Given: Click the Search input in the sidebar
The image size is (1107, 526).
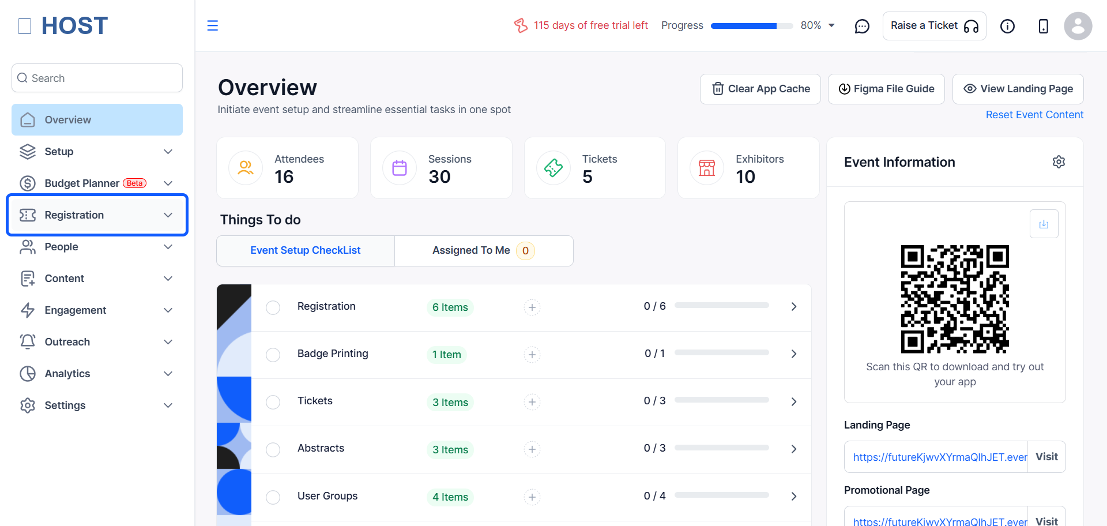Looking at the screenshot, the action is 97,78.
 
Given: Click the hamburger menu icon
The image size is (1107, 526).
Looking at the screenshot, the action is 213,25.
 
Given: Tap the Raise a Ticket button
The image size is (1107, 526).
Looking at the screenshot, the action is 934,26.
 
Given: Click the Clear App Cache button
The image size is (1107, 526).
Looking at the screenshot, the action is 760,89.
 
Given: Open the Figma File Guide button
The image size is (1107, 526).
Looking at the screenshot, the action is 886,89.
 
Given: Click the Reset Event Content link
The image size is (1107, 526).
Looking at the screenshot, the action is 1034,115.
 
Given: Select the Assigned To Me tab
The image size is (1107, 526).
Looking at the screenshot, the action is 484,251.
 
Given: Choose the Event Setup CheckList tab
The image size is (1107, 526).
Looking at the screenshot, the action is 306,251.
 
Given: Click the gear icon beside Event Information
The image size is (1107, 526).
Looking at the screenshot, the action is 1059,162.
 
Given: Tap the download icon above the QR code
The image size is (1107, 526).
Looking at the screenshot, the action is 1044,224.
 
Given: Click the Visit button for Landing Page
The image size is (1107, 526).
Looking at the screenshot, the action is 1046,457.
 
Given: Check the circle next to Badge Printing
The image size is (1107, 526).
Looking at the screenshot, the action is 273,355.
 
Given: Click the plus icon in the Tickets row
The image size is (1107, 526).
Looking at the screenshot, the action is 532,402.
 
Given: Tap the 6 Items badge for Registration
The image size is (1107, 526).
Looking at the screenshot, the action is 450,307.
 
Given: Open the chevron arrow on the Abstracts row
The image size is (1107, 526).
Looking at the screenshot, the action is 794,449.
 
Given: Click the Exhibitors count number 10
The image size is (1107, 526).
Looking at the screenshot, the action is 745,177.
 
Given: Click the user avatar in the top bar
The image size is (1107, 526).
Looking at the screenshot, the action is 1078,26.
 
